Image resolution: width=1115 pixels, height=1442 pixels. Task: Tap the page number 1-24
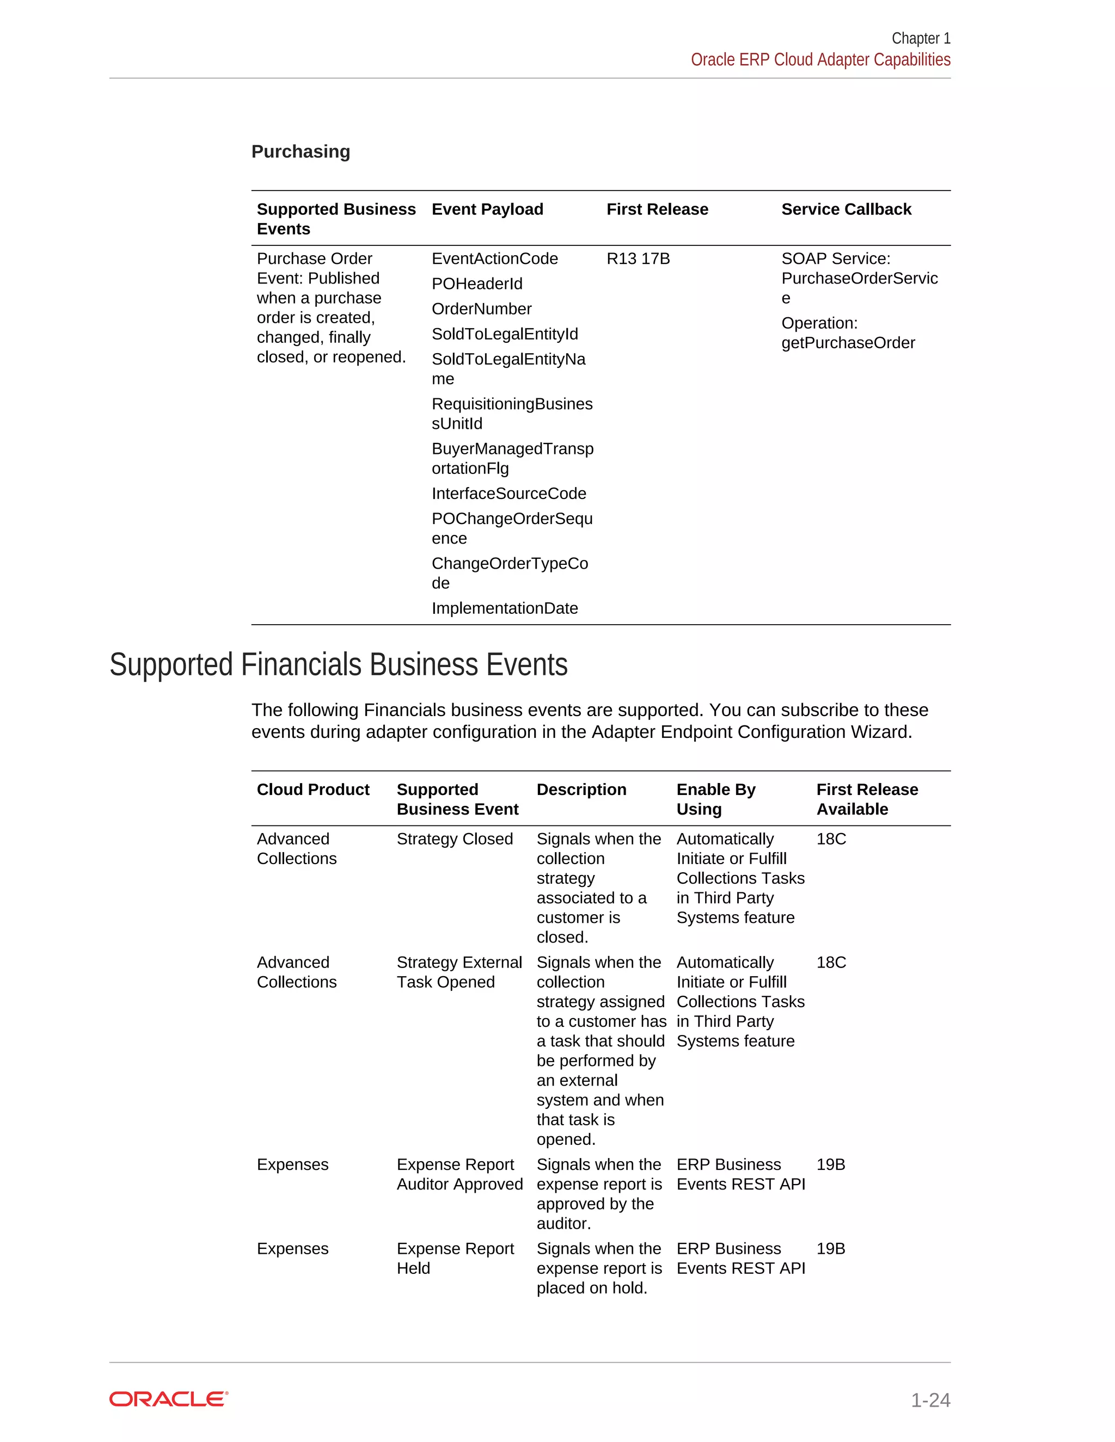pyautogui.click(x=930, y=1400)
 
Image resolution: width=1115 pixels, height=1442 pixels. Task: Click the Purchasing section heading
pyautogui.click(x=301, y=151)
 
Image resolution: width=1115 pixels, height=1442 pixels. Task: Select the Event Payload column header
pyautogui.click(x=487, y=209)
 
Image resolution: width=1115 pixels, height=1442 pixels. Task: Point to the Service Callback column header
pyautogui.click(x=846, y=209)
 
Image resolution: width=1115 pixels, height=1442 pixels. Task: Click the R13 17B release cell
pyautogui.click(x=638, y=259)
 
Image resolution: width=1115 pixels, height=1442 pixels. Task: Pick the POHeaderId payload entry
pyautogui.click(x=477, y=284)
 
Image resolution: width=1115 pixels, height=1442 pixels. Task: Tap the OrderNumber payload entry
pyautogui.click(x=481, y=309)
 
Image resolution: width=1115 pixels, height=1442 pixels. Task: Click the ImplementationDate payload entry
pyautogui.click(x=505, y=608)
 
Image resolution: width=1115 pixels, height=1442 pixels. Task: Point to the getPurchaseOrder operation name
pyautogui.click(x=848, y=343)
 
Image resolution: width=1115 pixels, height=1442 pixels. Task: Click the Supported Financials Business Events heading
pyautogui.click(x=338, y=664)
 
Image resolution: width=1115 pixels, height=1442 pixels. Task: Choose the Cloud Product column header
pyautogui.click(x=313, y=790)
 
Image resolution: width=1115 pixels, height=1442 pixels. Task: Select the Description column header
pyautogui.click(x=581, y=790)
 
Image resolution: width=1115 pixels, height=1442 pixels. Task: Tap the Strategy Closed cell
pyautogui.click(x=455, y=839)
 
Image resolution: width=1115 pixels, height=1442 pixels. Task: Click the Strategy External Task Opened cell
pyautogui.click(x=459, y=972)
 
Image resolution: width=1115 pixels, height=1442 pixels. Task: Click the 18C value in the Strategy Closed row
pyautogui.click(x=831, y=839)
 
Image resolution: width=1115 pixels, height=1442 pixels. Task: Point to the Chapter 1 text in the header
pyautogui.click(x=921, y=38)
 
